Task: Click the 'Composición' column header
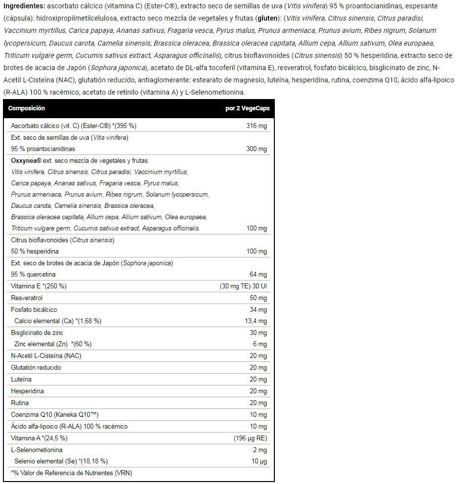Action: [26, 108]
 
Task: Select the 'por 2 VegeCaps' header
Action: [247, 108]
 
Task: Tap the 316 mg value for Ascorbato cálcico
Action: [256, 126]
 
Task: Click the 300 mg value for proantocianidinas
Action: [256, 149]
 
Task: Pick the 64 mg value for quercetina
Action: [258, 275]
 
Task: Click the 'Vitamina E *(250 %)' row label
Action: [39, 286]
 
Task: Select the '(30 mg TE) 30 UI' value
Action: [243, 286]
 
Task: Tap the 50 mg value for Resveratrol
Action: [258, 298]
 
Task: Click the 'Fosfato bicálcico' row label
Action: [34, 310]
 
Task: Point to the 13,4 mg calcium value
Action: [255, 321]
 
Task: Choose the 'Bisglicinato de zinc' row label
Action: [37, 333]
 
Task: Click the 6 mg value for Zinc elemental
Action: [260, 344]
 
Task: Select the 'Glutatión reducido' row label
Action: [36, 368]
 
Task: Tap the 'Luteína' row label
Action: [21, 380]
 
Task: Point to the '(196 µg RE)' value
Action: [250, 438]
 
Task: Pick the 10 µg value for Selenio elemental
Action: [259, 461]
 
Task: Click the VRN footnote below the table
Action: [72, 473]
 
